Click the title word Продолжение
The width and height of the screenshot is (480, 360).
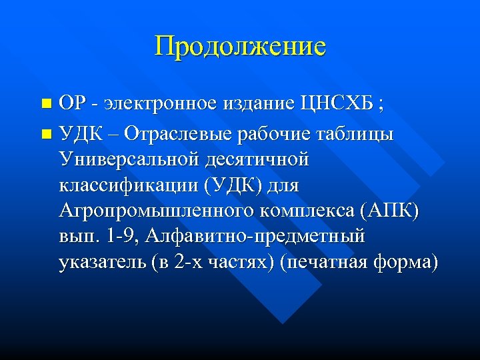pos(240,47)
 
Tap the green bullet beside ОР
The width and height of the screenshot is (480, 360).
pos(45,104)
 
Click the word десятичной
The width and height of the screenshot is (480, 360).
pos(259,160)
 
